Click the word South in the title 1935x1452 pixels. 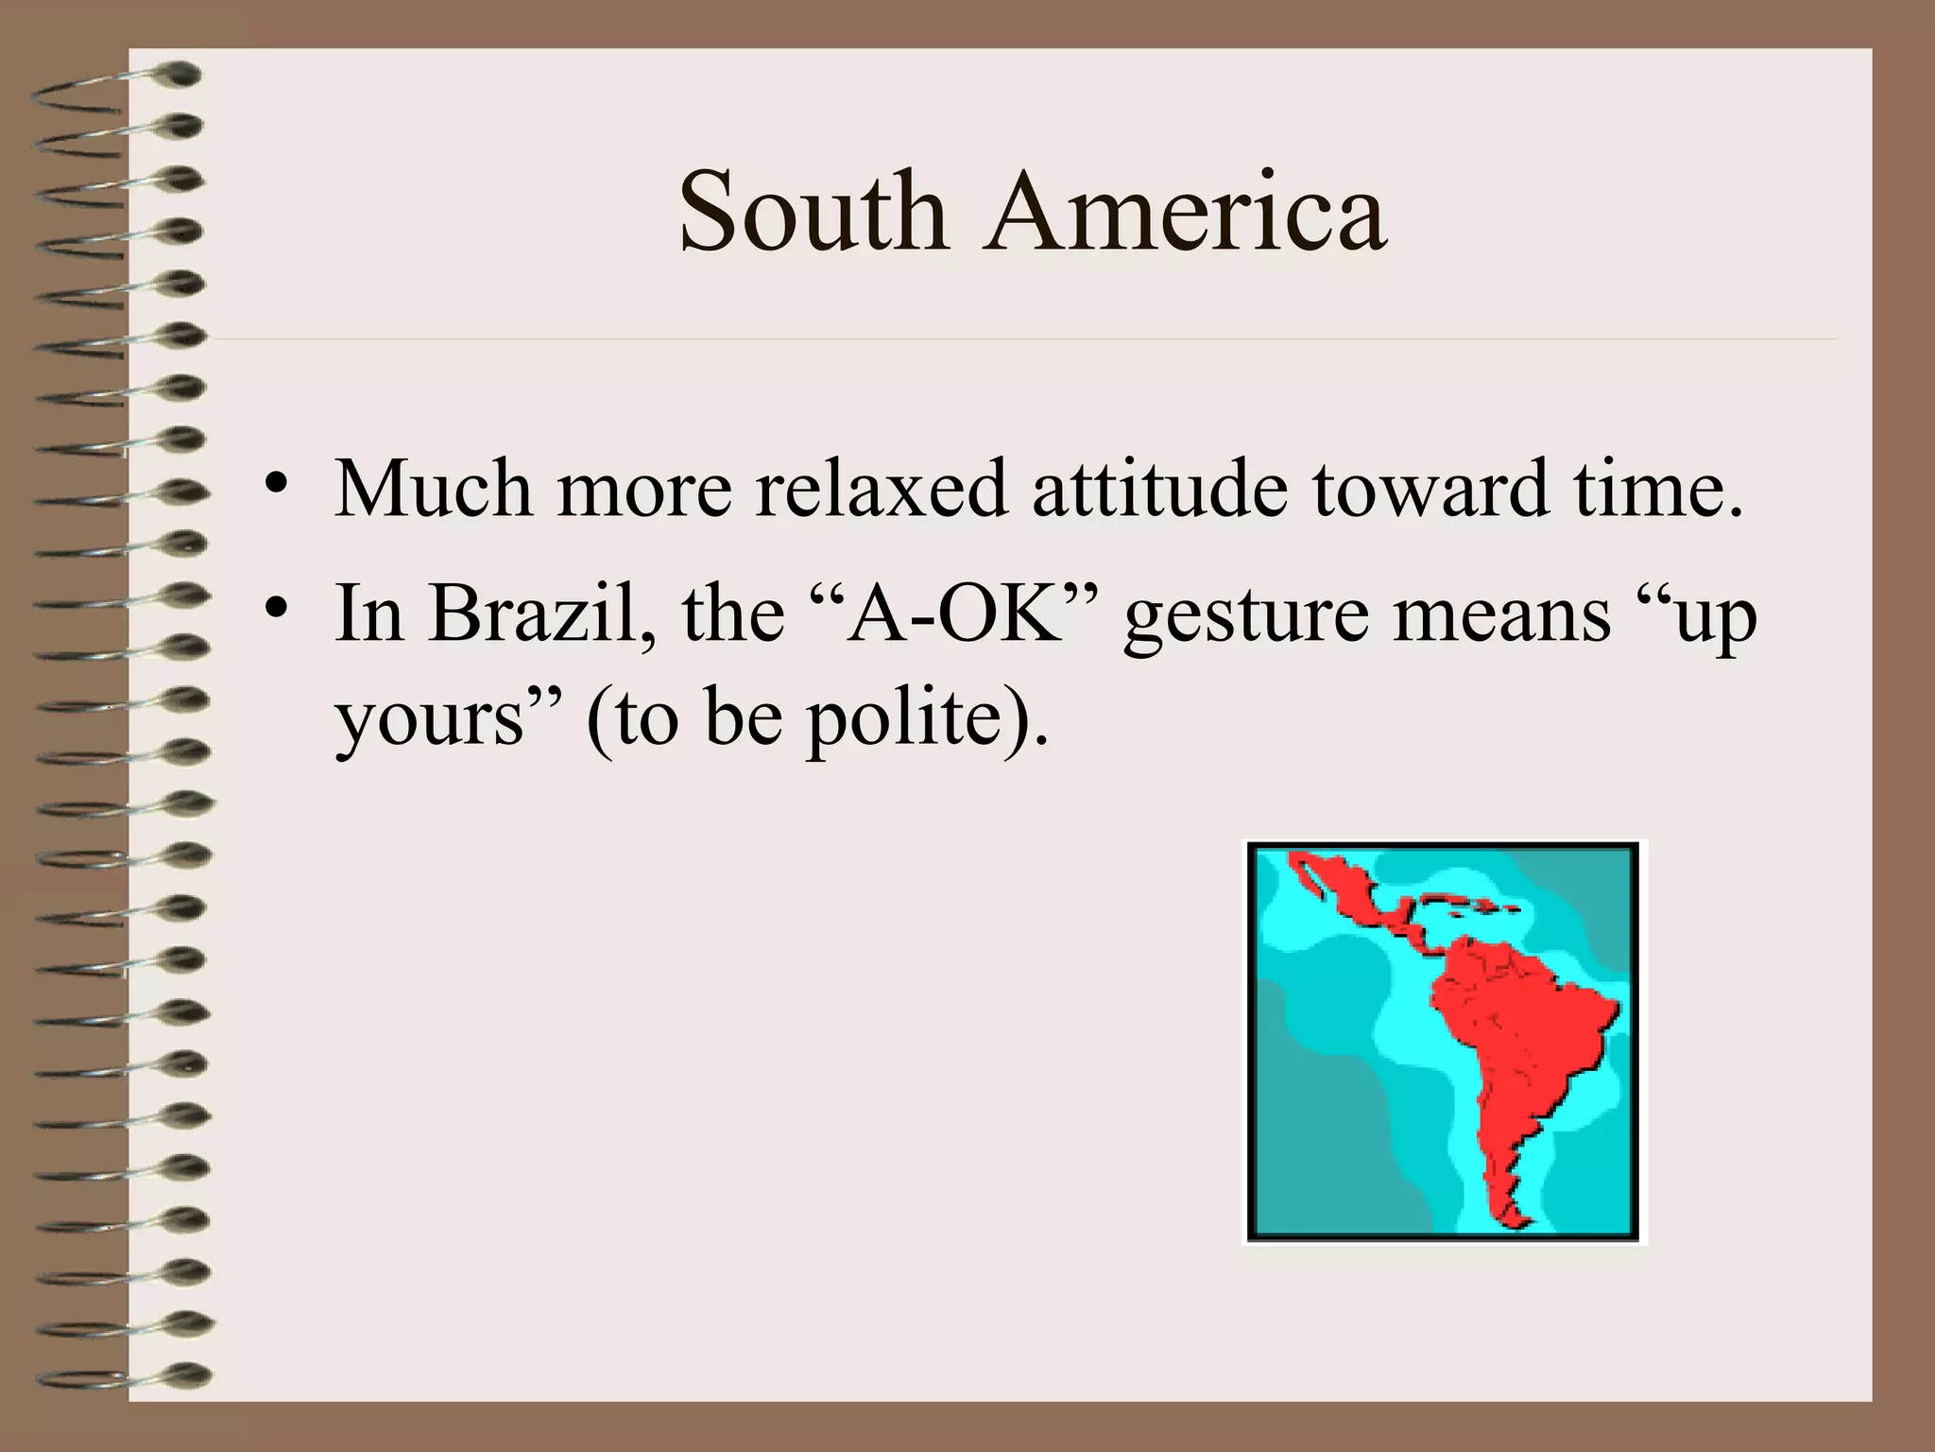click(x=813, y=212)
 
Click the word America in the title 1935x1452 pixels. click(x=1185, y=212)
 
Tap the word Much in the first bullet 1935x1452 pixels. click(x=434, y=489)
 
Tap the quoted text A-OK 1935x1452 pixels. click(x=954, y=614)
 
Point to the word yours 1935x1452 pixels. click(x=430, y=722)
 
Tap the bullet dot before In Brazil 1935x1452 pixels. click(x=274, y=609)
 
